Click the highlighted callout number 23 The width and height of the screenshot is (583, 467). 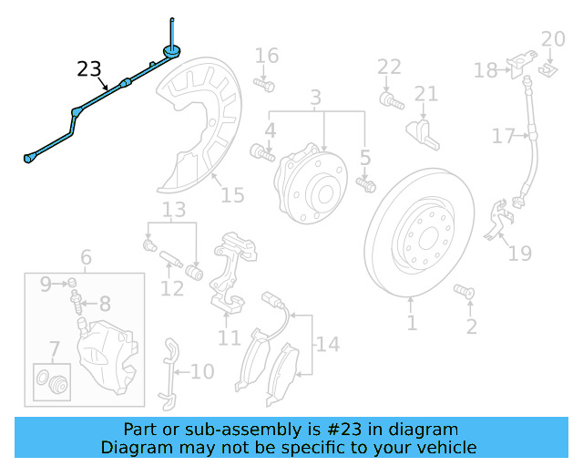coord(89,69)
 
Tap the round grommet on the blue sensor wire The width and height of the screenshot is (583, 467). coord(170,50)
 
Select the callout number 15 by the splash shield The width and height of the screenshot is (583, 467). coord(232,194)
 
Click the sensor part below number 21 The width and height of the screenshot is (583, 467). coord(423,130)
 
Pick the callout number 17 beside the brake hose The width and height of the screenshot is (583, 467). coord(504,137)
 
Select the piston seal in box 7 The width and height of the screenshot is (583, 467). coord(53,380)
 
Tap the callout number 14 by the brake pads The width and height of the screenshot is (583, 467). coord(327,344)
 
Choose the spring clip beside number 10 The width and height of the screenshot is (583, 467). coord(168,372)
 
